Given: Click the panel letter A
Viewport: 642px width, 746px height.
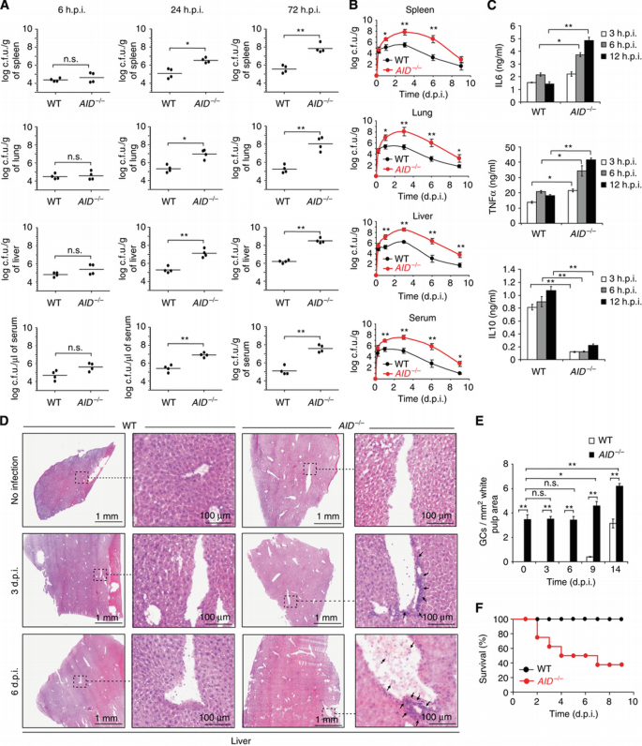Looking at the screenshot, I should coord(7,7).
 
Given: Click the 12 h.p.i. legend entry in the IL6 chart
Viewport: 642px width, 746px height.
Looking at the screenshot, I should coord(618,50).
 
